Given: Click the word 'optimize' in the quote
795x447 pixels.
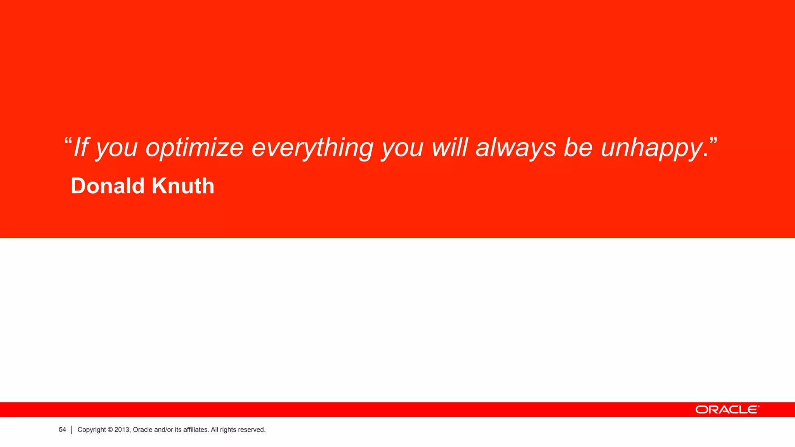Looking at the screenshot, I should [194, 148].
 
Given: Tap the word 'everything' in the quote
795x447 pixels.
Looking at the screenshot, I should [312, 148].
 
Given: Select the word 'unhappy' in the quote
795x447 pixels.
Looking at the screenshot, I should [652, 148].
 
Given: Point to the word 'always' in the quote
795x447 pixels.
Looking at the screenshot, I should [516, 148].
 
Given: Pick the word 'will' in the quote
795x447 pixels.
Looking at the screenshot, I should [449, 147].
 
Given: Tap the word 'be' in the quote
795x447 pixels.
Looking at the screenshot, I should [578, 147].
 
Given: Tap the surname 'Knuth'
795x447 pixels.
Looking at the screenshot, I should [183, 186].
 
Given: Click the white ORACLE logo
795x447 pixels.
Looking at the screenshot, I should [727, 410].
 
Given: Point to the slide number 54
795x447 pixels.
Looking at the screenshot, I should [62, 430].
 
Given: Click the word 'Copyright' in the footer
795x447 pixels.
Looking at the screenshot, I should [92, 430].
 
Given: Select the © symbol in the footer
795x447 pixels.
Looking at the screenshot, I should [110, 430].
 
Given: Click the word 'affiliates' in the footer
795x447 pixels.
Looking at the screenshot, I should [196, 430].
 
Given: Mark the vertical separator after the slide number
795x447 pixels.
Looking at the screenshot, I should [72, 430].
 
